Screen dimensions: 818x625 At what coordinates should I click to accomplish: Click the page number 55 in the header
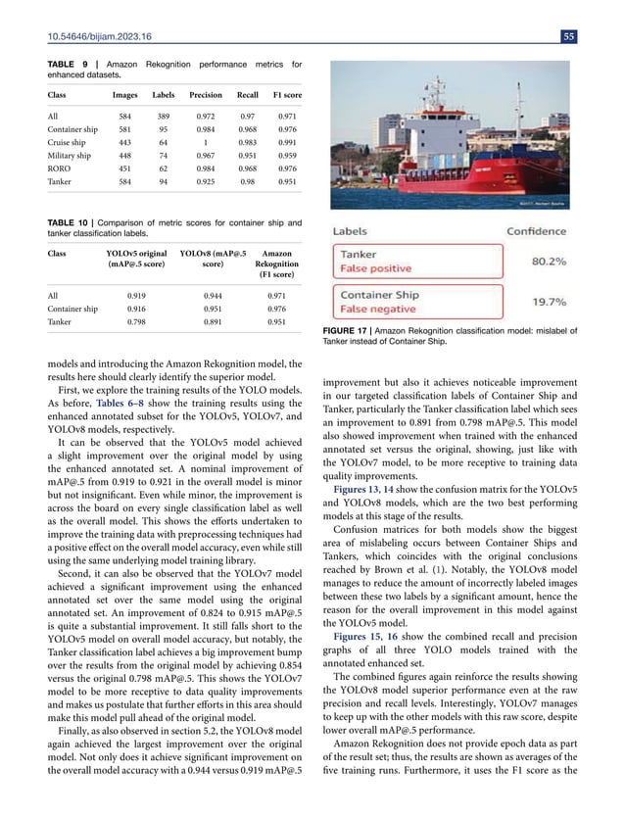(597, 37)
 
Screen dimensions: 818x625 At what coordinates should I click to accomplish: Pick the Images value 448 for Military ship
(124, 166)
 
